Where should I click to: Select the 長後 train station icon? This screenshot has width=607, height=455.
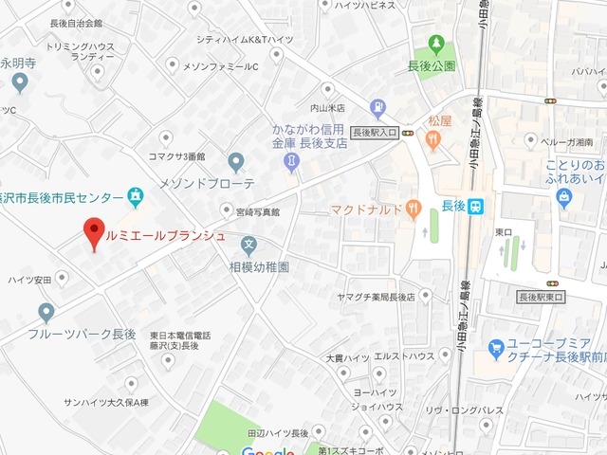(476, 205)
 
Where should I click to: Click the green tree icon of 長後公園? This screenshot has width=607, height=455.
(437, 43)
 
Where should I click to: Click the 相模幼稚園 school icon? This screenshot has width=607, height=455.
(248, 246)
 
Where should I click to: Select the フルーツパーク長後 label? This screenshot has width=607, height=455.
(82, 335)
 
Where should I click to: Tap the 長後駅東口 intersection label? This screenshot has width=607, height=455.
(542, 298)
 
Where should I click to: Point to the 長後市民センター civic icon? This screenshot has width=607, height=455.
(136, 197)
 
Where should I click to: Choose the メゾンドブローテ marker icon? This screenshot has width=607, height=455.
(236, 161)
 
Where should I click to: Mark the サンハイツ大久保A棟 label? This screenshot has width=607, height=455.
(106, 402)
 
